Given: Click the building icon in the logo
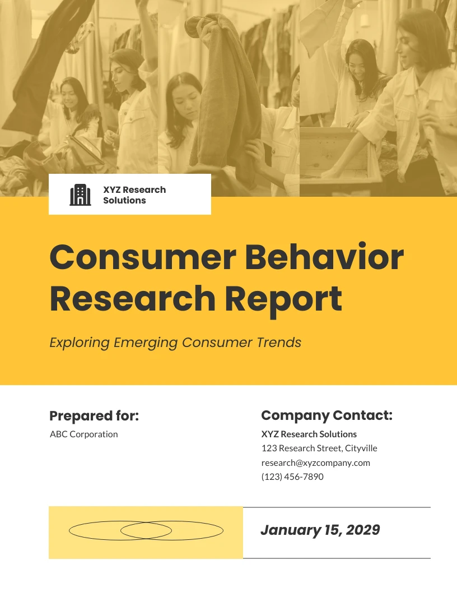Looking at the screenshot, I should click(x=80, y=195).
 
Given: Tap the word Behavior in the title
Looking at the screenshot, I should click(x=324, y=257).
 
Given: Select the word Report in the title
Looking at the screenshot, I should click(x=283, y=298).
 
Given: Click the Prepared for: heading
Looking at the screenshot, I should click(x=94, y=416).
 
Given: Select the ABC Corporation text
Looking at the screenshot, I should click(x=84, y=434).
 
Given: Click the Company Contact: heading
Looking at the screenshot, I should click(x=327, y=415).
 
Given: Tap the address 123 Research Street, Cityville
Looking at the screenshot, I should click(x=319, y=448).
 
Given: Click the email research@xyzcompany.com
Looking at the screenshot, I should click(x=316, y=462).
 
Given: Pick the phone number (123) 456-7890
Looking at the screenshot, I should click(x=292, y=477).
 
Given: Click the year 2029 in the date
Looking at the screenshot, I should click(x=363, y=530).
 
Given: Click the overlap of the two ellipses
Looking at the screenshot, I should click(x=146, y=530).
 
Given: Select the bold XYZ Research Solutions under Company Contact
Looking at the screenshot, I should click(x=309, y=434).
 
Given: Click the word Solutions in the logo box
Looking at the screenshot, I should click(x=124, y=200).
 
